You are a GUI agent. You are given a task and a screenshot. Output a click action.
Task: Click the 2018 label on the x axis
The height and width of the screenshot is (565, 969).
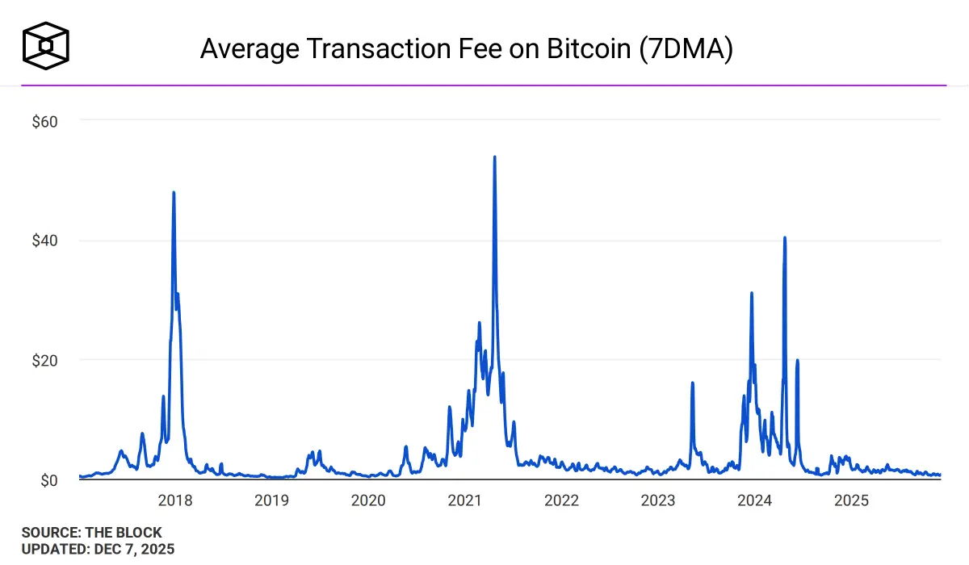click(x=175, y=500)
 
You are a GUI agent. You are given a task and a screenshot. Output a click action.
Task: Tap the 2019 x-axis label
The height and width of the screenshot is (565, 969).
click(x=272, y=500)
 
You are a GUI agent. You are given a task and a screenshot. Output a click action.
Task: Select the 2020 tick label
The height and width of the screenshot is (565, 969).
click(x=368, y=500)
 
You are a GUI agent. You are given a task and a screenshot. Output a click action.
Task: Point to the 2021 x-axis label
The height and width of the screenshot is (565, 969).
click(x=465, y=500)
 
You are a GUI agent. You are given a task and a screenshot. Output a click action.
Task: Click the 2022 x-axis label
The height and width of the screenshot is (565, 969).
click(x=562, y=500)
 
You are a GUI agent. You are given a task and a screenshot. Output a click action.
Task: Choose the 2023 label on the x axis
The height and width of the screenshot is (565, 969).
click(x=658, y=500)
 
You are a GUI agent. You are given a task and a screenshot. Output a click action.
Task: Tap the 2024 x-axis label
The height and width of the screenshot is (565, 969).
click(x=755, y=500)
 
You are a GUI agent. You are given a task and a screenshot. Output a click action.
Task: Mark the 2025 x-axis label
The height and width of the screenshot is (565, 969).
click(x=851, y=500)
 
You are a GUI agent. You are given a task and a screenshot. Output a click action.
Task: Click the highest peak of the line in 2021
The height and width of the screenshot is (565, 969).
click(x=494, y=157)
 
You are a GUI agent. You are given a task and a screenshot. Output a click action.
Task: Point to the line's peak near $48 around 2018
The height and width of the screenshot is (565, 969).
click(x=174, y=193)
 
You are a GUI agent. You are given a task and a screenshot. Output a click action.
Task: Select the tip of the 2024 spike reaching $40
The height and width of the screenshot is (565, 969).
click(x=785, y=238)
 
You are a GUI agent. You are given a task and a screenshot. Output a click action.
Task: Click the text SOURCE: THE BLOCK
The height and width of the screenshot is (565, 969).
click(x=92, y=533)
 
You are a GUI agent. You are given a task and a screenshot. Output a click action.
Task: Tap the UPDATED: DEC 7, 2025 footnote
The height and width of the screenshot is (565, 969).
click(x=99, y=549)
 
